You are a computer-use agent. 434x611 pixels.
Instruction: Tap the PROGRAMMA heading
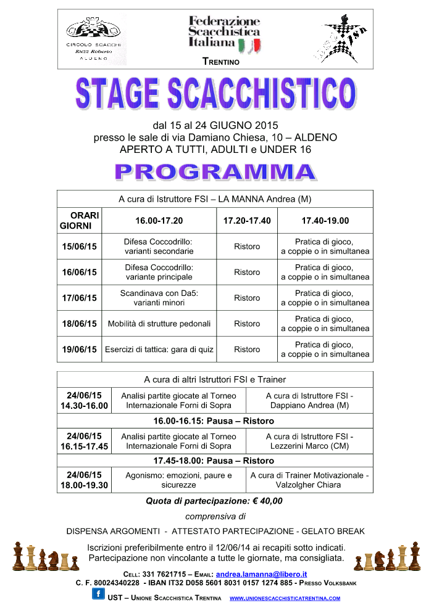tap(215, 172)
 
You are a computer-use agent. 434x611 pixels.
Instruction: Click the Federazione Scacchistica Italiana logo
tap(224, 33)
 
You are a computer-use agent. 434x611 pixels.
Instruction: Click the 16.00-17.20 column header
tap(159, 221)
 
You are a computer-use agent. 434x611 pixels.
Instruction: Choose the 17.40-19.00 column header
tap(325, 221)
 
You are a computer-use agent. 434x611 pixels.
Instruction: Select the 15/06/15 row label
tap(79, 247)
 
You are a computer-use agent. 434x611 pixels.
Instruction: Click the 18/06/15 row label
tap(79, 324)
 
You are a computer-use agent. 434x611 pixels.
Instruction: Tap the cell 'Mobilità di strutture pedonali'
tap(159, 324)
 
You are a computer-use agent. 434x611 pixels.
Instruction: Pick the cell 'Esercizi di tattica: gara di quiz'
tap(159, 350)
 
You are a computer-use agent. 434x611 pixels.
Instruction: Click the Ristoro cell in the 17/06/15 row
tap(247, 298)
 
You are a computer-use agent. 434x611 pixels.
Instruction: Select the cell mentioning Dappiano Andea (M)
tap(309, 400)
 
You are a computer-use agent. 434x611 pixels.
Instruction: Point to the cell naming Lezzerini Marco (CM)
tap(309, 441)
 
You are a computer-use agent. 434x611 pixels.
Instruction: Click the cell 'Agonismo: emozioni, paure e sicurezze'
tap(178, 480)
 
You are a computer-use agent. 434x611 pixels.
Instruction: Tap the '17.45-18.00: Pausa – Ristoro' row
tap(214, 461)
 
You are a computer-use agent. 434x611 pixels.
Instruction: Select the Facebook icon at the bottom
tap(98, 594)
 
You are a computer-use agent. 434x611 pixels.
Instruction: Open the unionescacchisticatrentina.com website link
tap(285, 598)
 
